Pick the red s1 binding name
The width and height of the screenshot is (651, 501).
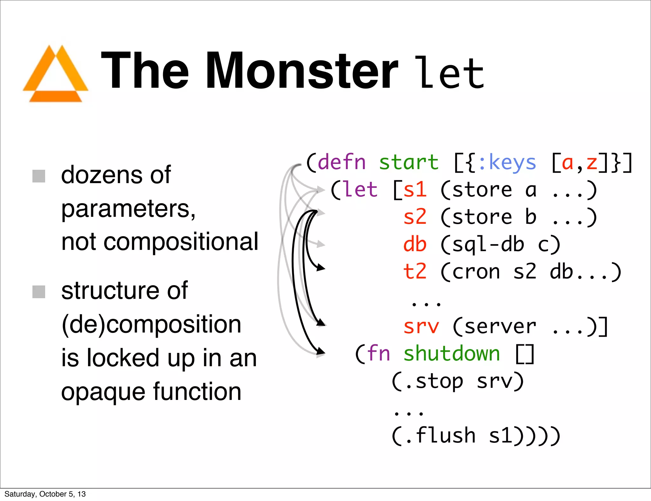coord(415,190)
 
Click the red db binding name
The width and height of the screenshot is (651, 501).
coord(415,244)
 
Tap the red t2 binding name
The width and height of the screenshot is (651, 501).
coord(415,272)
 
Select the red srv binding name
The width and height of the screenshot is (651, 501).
coord(421,326)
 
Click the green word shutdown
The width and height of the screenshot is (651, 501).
coord(451,354)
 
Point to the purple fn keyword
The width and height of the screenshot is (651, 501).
coord(378,354)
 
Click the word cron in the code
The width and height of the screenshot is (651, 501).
coord(476,272)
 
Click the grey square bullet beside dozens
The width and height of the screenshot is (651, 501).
coord(39,176)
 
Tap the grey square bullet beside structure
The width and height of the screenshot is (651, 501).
coord(39,292)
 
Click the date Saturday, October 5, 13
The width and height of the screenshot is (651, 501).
coord(45,494)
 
